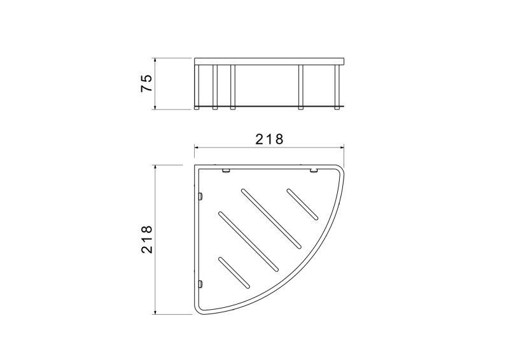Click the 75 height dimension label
(146, 83)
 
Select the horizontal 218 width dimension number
(269, 139)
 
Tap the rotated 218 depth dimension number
(146, 239)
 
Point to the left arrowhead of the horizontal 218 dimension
(197, 148)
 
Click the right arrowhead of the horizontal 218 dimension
(341, 148)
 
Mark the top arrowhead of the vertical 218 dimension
(155, 167)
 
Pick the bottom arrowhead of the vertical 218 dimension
(155, 312)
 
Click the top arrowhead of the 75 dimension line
(155, 61)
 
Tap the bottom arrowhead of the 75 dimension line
(155, 107)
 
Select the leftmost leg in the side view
(197, 87)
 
